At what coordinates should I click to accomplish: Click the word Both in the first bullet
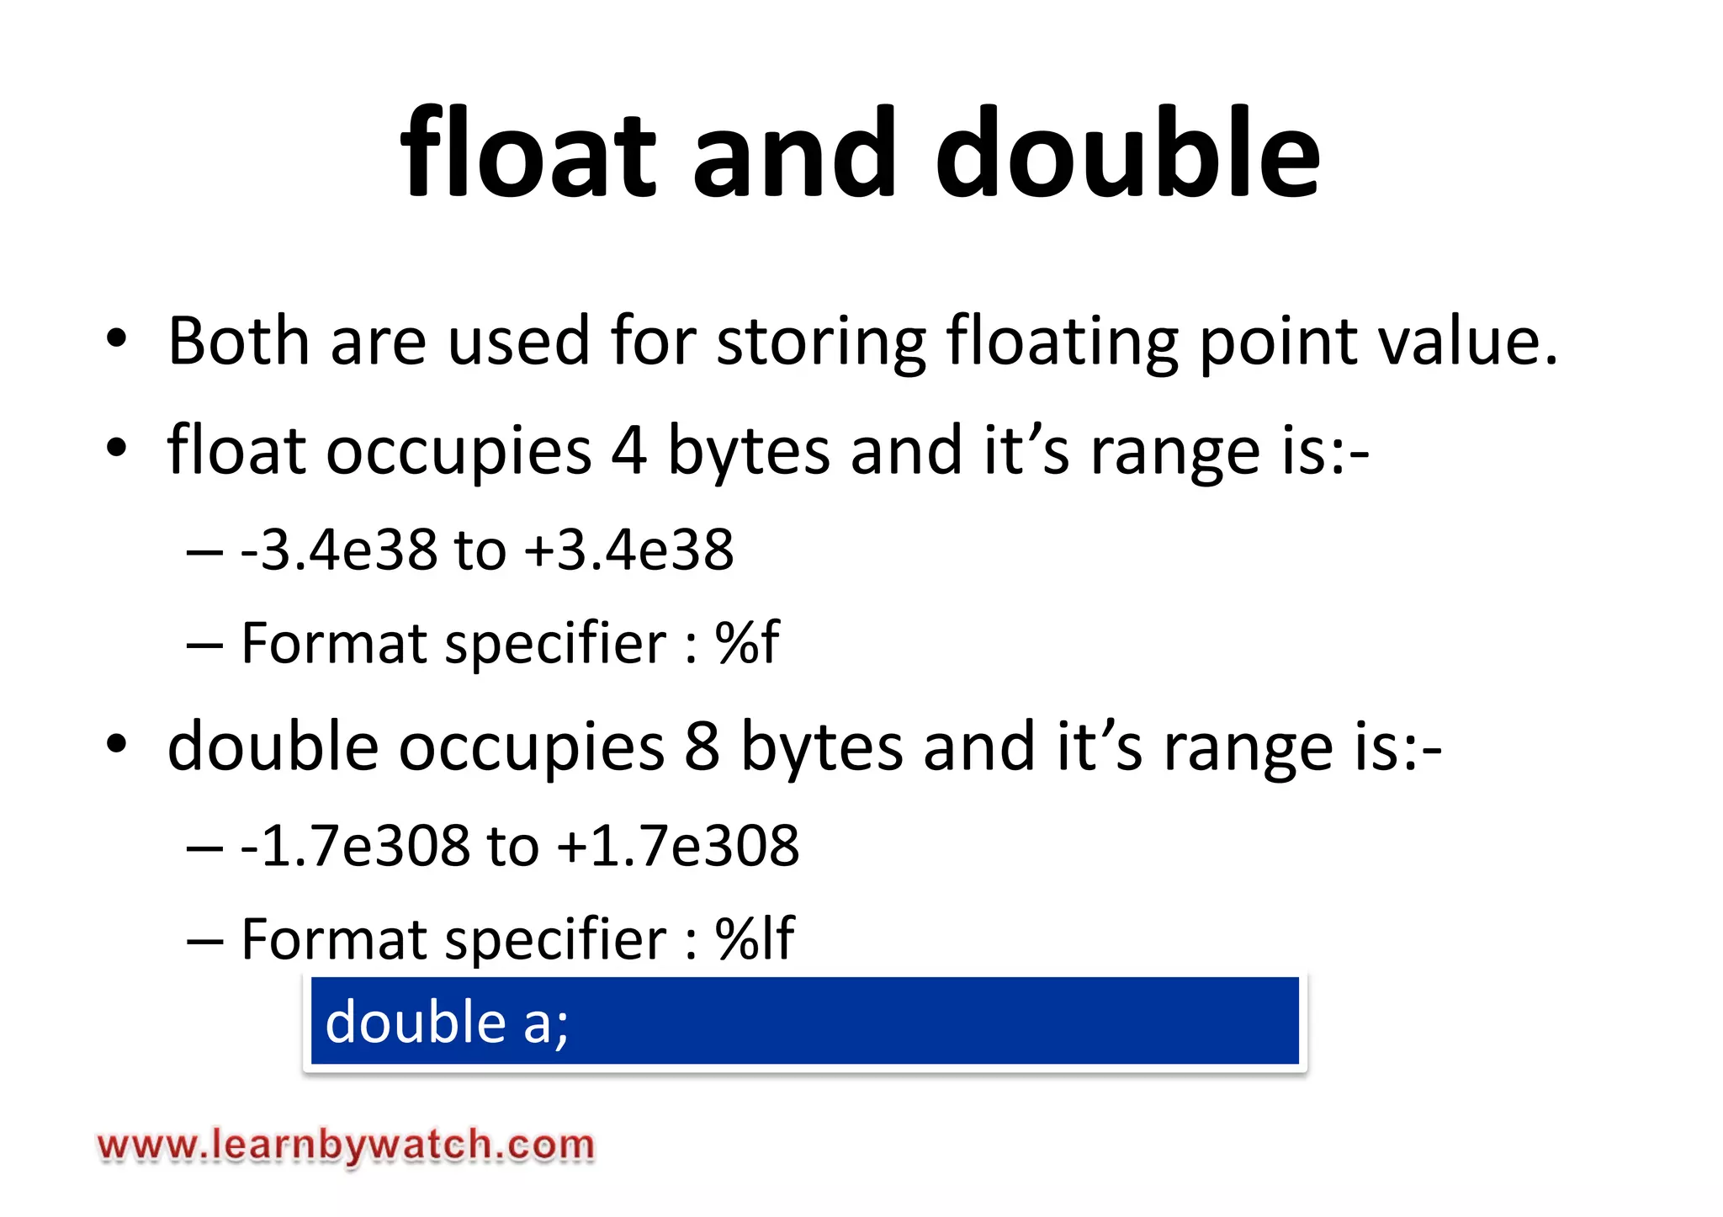(239, 341)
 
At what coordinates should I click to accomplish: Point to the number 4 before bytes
(629, 451)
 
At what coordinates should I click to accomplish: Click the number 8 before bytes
(702, 747)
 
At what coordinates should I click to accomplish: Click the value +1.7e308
(678, 846)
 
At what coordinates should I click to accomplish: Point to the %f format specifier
(747, 643)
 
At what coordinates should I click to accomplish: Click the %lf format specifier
(755, 938)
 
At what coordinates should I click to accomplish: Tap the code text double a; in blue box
(447, 1023)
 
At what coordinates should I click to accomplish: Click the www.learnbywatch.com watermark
(346, 1145)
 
